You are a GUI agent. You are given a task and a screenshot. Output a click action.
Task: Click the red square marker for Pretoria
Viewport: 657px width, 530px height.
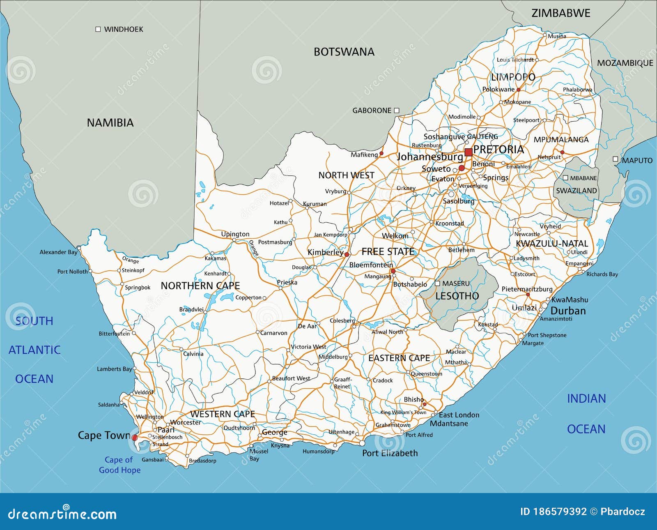pyautogui.click(x=468, y=153)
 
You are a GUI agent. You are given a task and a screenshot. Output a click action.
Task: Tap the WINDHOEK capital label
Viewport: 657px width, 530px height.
pyautogui.click(x=123, y=29)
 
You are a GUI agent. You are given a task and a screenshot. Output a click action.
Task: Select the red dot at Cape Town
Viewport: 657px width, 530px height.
pyautogui.click(x=135, y=438)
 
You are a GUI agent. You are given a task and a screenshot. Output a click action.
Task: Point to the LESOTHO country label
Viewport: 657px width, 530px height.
pyautogui.click(x=457, y=296)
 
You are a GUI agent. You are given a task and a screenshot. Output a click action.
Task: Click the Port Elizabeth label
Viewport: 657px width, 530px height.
pyautogui.click(x=390, y=453)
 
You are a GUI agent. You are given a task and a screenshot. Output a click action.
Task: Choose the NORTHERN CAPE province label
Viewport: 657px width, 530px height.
pyautogui.click(x=200, y=286)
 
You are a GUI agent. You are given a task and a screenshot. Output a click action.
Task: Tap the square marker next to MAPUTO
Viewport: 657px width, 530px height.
pyautogui.click(x=615, y=159)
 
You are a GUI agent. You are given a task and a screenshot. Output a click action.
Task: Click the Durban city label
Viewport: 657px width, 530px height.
pyautogui.click(x=568, y=311)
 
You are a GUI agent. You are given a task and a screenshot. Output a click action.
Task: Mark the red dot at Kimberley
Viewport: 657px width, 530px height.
pyautogui.click(x=347, y=254)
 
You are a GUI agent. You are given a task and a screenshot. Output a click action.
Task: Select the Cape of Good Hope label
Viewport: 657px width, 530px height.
pyautogui.click(x=119, y=465)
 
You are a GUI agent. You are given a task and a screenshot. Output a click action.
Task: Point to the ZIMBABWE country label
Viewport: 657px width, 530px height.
pyautogui.click(x=561, y=13)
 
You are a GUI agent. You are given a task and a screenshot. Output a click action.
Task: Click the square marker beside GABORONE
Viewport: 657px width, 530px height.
pyautogui.click(x=397, y=110)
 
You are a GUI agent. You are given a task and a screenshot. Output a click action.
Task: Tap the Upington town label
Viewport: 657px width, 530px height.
pyautogui.click(x=235, y=234)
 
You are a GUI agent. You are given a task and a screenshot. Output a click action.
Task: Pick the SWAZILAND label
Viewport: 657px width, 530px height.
pyautogui.click(x=576, y=191)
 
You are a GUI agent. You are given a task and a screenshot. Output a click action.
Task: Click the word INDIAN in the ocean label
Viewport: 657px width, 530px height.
pyautogui.click(x=586, y=399)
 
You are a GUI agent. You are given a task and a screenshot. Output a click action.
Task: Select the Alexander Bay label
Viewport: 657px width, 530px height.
pyautogui.click(x=58, y=252)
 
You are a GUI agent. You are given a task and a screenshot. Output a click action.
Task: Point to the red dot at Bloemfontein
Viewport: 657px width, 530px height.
pyautogui.click(x=393, y=271)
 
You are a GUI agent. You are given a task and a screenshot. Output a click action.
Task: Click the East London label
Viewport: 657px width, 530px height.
pyautogui.click(x=459, y=415)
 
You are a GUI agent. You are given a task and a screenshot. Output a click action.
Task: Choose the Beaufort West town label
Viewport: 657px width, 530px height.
pyautogui.click(x=291, y=378)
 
